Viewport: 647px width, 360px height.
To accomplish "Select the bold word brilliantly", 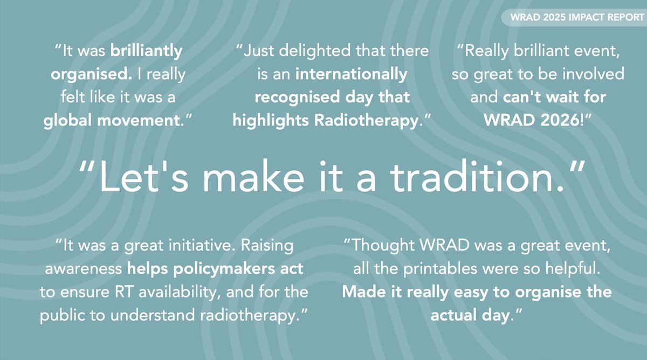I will [x=147, y=52].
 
